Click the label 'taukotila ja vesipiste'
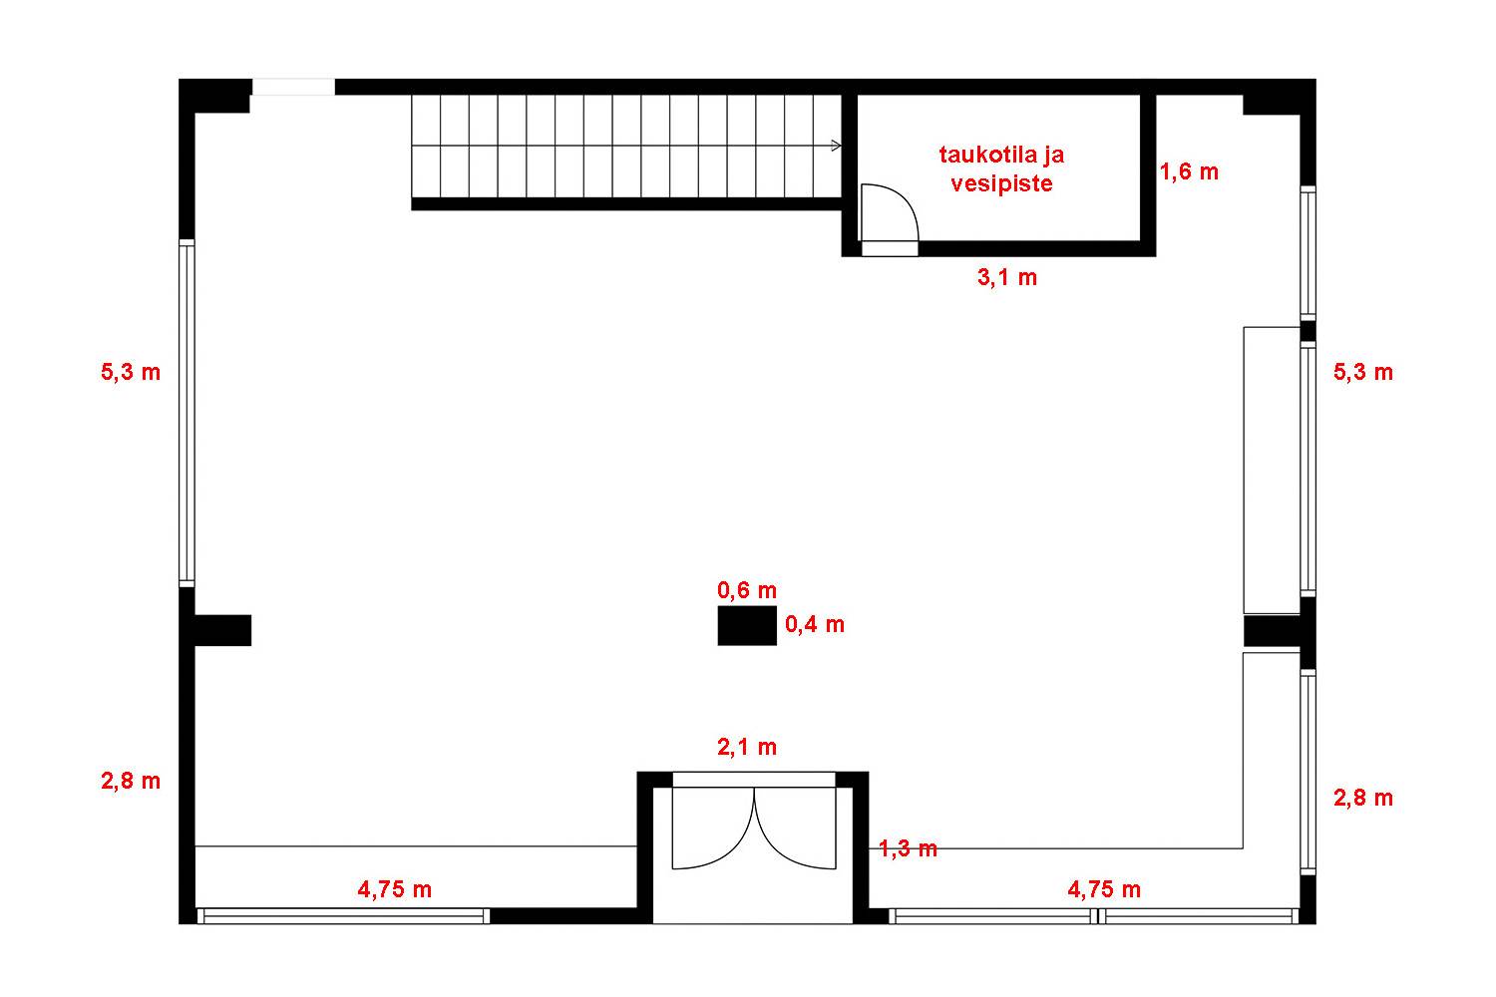(1001, 168)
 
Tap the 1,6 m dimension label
(1189, 171)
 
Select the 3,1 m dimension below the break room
(1007, 276)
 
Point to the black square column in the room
(747, 625)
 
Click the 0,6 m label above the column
(747, 589)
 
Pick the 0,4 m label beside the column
(814, 624)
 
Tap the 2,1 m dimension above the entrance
(747, 747)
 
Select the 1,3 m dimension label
(908, 848)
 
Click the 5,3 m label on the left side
(131, 371)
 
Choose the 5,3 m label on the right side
(1363, 371)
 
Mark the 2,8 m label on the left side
(131, 780)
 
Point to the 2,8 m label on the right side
(1363, 798)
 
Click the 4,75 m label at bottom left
(394, 888)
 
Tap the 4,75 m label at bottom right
(1104, 888)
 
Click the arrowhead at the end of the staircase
(836, 146)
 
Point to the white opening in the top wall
(293, 87)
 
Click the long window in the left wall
(187, 413)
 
